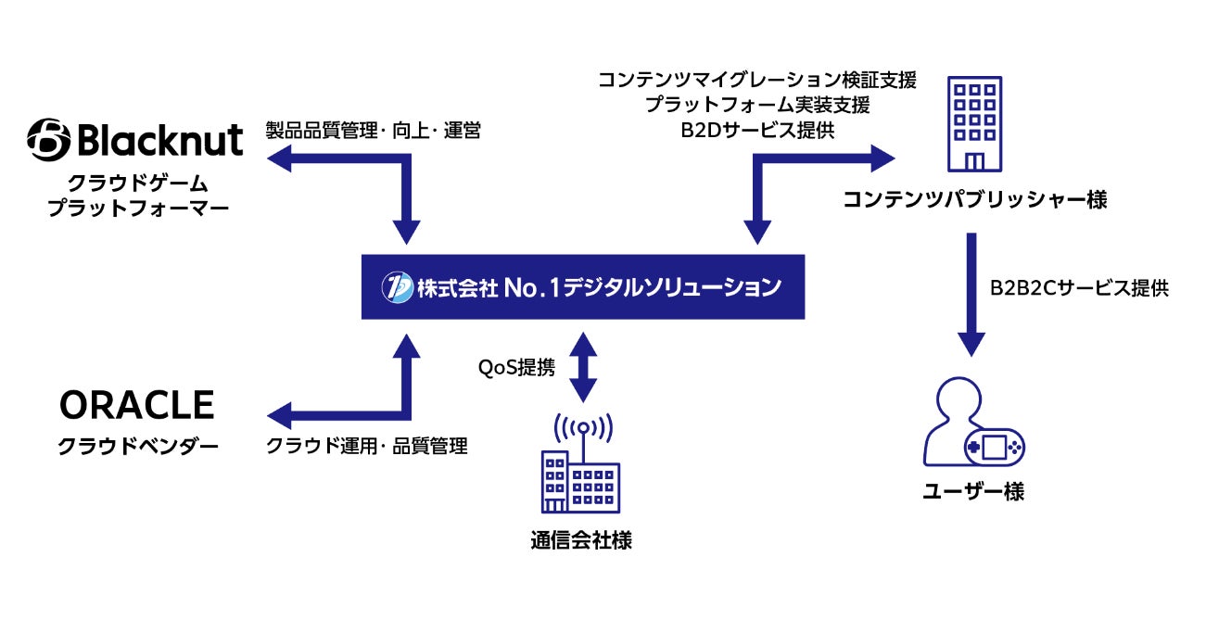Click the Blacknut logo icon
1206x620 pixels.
coord(48,141)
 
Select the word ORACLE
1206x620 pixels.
coord(137,406)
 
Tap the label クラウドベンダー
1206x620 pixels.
coord(138,447)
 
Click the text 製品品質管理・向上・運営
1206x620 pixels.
coord(373,131)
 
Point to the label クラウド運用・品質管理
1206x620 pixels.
coord(367,446)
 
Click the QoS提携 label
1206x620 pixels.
coord(516,368)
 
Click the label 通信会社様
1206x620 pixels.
coord(582,540)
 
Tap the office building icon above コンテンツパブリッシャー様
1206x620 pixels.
coord(974,125)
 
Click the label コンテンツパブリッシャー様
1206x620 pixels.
coord(974,199)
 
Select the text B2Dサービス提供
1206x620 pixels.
coord(757,131)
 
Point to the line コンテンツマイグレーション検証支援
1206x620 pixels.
coord(757,81)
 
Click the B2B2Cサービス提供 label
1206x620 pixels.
coord(1079,287)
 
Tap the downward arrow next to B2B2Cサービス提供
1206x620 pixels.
coord(971,295)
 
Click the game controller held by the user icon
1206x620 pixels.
coord(994,449)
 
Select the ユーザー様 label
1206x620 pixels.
coord(973,492)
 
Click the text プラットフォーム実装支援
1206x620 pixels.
coord(757,106)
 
